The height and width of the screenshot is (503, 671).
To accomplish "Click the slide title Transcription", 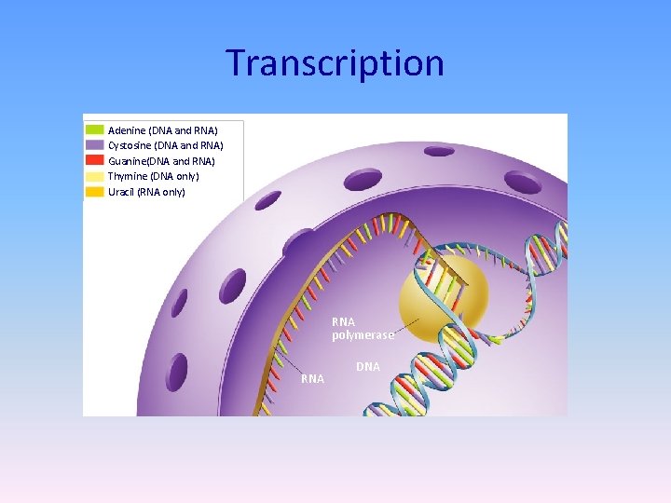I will tap(335, 63).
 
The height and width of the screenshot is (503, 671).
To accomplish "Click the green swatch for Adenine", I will tap(94, 130).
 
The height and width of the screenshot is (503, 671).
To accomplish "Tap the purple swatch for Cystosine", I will tap(94, 145).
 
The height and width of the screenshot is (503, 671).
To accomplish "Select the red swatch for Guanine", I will tap(94, 161).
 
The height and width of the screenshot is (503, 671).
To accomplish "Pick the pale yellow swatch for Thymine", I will tap(94, 176).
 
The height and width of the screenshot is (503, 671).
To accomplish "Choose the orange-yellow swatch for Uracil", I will tap(94, 192).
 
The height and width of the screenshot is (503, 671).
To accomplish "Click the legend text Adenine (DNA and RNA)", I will tap(162, 130).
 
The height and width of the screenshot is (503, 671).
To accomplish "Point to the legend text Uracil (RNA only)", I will tap(146, 192).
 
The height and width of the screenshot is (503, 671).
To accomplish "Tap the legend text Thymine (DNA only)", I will tap(153, 176).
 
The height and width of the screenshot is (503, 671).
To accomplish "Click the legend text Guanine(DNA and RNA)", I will tap(161, 161).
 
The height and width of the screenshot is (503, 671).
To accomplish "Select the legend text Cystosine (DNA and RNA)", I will tap(165, 145).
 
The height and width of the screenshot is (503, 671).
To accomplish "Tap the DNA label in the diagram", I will tap(368, 367).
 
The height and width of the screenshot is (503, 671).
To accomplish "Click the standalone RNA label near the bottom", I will tap(312, 379).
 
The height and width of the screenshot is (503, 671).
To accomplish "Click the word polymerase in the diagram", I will tap(363, 335).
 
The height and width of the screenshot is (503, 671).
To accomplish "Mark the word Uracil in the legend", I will tap(121, 192).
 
